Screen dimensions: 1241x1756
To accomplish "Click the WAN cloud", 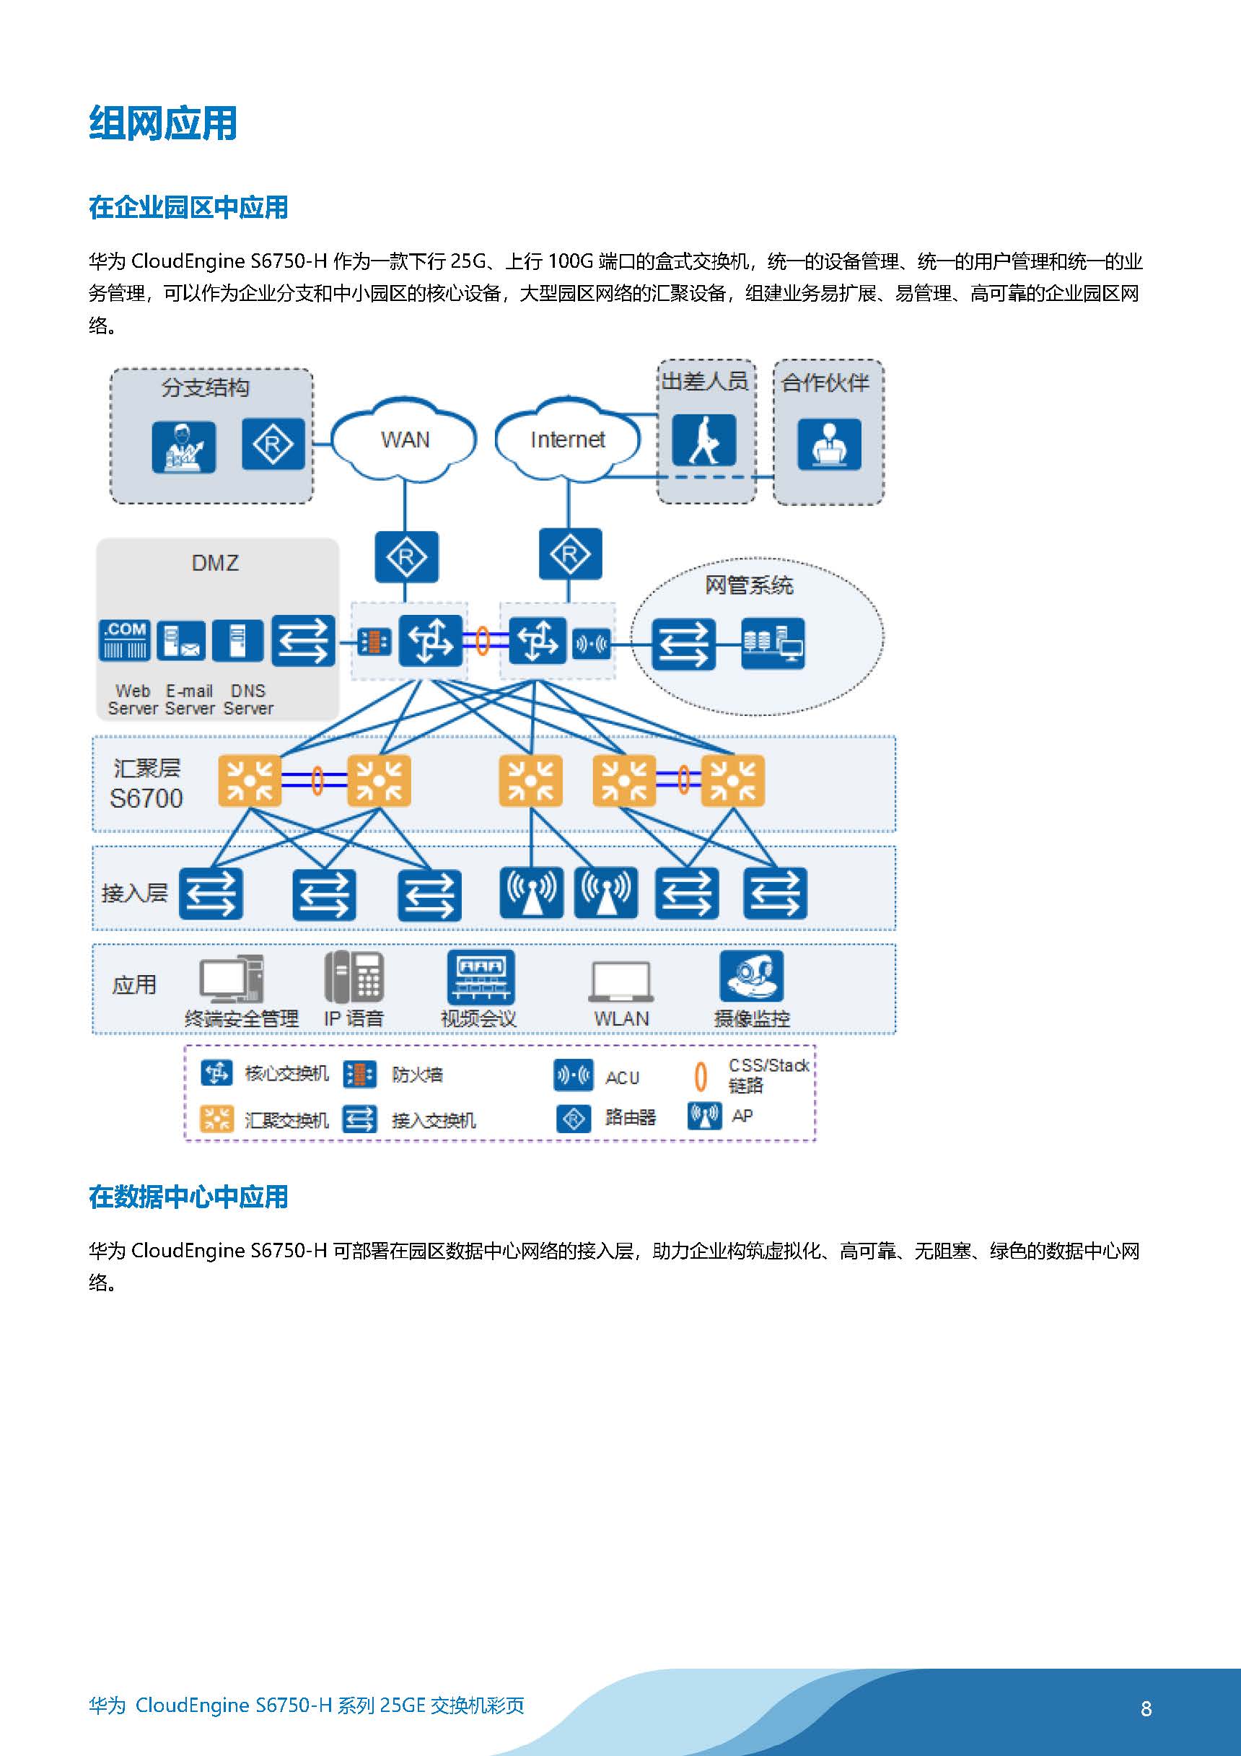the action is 405,439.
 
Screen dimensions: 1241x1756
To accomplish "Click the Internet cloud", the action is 566,439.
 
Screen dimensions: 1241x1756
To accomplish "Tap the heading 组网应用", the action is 163,123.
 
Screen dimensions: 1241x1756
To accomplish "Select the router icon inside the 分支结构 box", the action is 273,444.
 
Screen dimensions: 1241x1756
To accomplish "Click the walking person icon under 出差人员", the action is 703,440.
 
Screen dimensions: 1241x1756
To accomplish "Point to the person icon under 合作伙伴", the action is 829,444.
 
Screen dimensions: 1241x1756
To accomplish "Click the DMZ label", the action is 215,564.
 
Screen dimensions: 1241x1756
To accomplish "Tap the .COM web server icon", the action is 125,640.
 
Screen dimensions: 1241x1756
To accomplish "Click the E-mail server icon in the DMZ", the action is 180,640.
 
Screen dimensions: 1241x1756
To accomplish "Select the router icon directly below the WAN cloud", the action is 406,556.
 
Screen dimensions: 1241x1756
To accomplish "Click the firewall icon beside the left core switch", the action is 374,642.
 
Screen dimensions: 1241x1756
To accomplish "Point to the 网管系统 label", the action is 749,586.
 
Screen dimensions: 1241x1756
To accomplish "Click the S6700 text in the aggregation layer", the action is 146,798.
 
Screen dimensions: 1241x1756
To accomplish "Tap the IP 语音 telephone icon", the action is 354,977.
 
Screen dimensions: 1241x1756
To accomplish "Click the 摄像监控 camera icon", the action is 752,976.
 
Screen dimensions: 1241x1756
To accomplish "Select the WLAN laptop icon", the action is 621,982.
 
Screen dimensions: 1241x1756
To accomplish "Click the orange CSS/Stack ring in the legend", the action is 700,1076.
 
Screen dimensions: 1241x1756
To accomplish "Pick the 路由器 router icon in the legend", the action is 574,1119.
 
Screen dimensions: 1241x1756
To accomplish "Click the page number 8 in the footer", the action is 1146,1708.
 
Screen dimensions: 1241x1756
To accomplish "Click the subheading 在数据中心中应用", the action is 188,1197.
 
